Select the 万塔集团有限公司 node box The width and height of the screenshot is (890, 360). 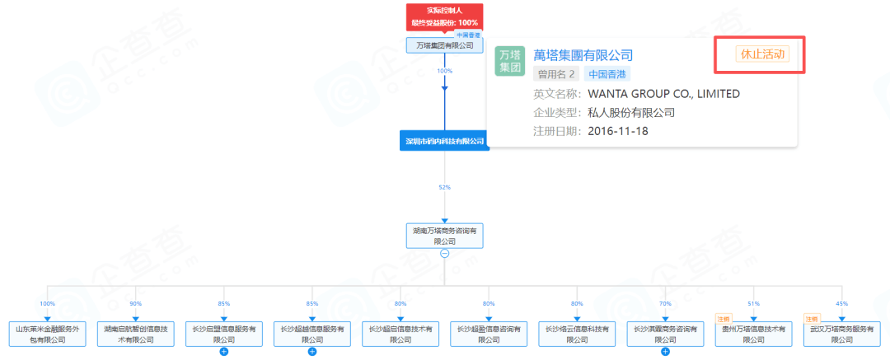click(x=444, y=46)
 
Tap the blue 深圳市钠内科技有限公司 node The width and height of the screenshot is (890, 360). click(x=444, y=141)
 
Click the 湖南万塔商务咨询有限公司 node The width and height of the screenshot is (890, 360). click(x=444, y=236)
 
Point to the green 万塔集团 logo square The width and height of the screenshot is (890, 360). click(x=509, y=61)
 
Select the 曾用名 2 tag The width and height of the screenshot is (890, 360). click(x=557, y=74)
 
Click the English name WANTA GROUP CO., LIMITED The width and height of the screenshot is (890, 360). click(x=663, y=93)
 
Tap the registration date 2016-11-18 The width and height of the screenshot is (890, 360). click(x=618, y=131)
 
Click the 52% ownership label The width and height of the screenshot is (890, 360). click(x=444, y=188)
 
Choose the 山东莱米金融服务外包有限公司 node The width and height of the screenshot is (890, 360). click(x=48, y=334)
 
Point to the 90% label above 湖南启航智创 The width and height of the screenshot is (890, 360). click(x=135, y=304)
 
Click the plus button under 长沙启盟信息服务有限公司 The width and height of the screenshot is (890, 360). click(x=223, y=352)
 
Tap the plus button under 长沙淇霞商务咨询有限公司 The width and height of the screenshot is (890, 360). click(x=665, y=352)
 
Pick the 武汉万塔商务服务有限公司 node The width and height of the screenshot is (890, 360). click(x=841, y=334)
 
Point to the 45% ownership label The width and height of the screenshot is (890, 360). click(x=841, y=304)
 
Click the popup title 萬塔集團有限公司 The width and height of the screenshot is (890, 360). click(x=583, y=55)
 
